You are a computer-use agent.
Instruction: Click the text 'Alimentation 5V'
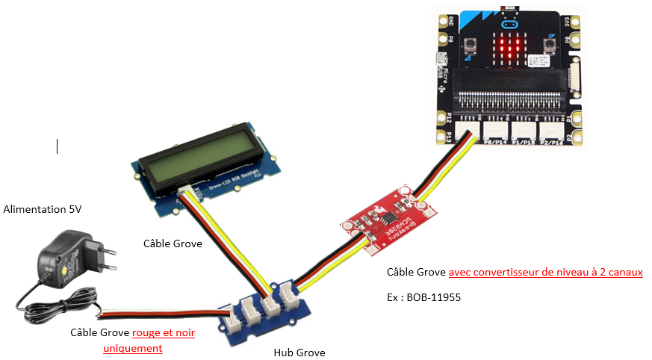tap(43, 209)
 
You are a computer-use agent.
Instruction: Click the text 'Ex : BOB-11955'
tap(424, 297)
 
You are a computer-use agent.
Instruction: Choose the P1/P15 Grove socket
tap(524, 128)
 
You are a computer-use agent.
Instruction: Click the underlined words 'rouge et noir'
tap(164, 332)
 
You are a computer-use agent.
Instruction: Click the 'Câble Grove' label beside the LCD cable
tap(173, 243)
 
